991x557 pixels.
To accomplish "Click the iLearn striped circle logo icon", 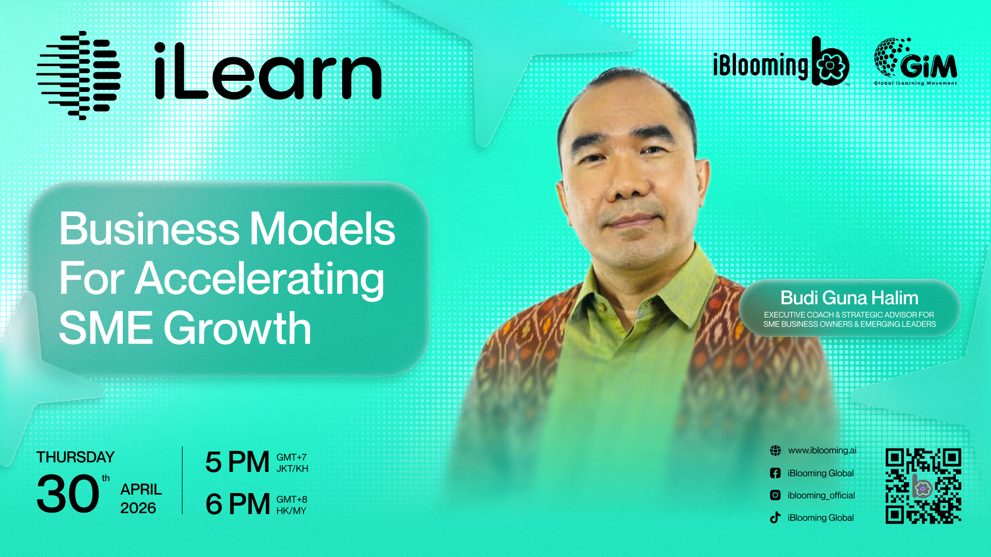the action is click(x=78, y=75).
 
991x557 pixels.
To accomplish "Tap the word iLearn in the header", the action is click(x=268, y=71).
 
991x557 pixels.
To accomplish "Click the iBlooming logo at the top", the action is click(x=781, y=61).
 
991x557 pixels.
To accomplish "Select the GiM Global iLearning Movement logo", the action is click(x=915, y=61).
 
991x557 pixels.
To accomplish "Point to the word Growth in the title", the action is click(x=237, y=328).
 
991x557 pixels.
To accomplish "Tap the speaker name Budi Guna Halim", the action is click(x=849, y=298).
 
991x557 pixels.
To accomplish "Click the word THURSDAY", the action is click(x=75, y=457).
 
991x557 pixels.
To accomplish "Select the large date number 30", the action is click(x=68, y=494).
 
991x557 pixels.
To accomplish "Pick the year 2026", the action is click(x=138, y=508).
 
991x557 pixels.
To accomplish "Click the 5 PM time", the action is click(x=237, y=462).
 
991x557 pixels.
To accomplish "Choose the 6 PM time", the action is click(x=237, y=504).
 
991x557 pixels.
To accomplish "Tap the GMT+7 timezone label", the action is click(x=292, y=457).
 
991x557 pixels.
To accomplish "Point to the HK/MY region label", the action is click(x=291, y=511).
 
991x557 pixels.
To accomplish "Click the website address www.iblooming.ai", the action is click(x=822, y=450).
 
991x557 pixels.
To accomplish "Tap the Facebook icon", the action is click(x=775, y=473).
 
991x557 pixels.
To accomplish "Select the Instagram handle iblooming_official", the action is click(x=821, y=495).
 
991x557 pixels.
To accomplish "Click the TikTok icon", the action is click(x=775, y=517).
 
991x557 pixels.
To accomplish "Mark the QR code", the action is click(x=923, y=486).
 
